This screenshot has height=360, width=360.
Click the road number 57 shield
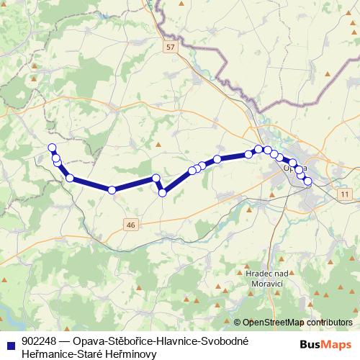click(x=169, y=48)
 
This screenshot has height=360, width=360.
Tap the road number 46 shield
click(x=130, y=225)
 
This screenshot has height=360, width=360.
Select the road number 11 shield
click(x=345, y=195)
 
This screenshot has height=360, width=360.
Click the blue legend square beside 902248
click(x=11, y=341)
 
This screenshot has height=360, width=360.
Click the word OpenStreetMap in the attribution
click(x=273, y=323)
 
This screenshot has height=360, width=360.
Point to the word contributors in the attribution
click(x=328, y=323)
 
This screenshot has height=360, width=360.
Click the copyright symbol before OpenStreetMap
click(x=237, y=323)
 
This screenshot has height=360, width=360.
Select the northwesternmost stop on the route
click(x=52, y=148)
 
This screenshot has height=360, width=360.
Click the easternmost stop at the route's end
click(x=307, y=181)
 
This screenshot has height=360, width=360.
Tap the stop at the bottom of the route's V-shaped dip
click(x=163, y=192)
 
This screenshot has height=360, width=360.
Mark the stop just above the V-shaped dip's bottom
click(x=156, y=178)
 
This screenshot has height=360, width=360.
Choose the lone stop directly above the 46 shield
click(x=112, y=190)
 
